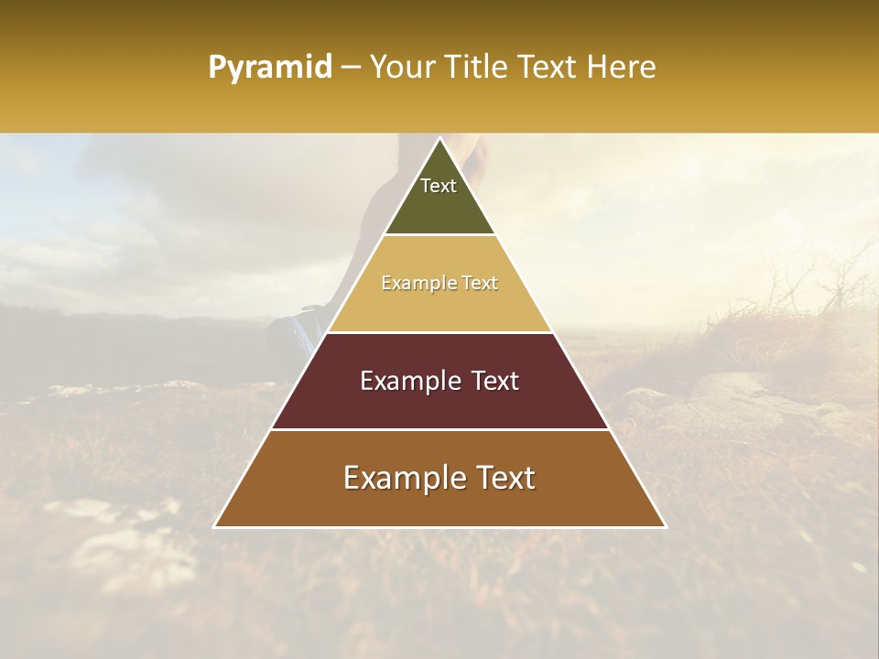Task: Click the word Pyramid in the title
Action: point(269,68)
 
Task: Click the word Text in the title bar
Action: point(548,68)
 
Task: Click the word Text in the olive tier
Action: point(439,186)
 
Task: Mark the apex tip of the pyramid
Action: point(439,139)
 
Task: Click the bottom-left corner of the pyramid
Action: point(215,526)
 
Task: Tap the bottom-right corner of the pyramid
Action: point(665,526)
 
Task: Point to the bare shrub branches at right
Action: point(815,284)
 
